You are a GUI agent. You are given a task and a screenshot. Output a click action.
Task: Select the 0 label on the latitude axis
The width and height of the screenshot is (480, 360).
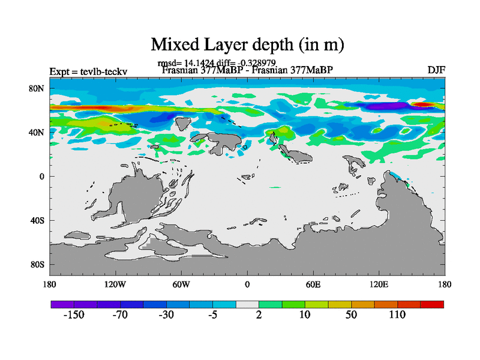(x=43, y=176)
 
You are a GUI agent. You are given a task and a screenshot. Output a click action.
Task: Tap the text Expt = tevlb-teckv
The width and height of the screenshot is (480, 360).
(x=92, y=72)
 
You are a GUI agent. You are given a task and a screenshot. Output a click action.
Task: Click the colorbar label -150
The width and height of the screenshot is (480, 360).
(x=74, y=316)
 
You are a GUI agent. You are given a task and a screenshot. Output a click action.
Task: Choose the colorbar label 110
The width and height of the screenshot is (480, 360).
(x=398, y=316)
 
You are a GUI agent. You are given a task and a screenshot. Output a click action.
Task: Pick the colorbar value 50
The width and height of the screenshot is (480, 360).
(x=352, y=316)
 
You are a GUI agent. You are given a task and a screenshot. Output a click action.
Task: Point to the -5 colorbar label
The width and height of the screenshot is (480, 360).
(x=213, y=316)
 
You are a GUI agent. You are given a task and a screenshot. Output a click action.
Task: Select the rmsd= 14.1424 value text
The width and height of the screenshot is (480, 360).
(x=181, y=63)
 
